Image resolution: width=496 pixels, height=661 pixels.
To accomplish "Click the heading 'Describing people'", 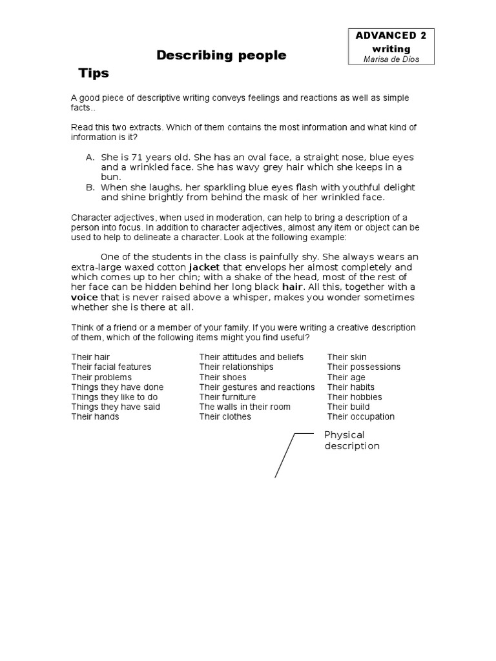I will [x=222, y=56].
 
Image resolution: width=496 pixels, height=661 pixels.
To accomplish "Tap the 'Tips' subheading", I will [x=94, y=74].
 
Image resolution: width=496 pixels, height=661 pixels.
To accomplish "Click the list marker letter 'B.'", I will [x=90, y=187].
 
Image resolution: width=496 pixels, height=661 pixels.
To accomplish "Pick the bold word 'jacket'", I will [x=204, y=267].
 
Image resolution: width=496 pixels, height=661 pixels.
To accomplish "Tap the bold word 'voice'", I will [x=84, y=297].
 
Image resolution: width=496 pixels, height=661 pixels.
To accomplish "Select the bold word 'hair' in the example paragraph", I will [x=293, y=287].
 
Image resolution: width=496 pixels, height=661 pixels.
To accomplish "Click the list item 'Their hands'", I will [x=95, y=417].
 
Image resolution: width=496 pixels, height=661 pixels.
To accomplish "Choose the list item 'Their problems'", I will [x=101, y=377].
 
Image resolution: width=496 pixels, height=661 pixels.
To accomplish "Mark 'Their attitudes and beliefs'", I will [x=251, y=357].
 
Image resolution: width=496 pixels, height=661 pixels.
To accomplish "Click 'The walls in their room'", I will [x=245, y=407].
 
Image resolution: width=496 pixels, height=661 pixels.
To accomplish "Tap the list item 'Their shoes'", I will [x=223, y=377].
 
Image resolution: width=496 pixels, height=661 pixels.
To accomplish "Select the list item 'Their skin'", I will [x=347, y=357].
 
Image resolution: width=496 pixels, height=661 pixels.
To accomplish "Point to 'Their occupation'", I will [x=360, y=417].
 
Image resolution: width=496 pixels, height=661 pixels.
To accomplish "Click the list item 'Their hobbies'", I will [x=355, y=397].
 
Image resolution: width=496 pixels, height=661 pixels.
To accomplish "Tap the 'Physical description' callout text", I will [x=351, y=440].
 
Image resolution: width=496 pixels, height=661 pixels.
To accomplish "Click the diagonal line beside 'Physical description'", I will [x=285, y=456].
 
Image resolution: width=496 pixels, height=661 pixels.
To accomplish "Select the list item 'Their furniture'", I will [x=227, y=397].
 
